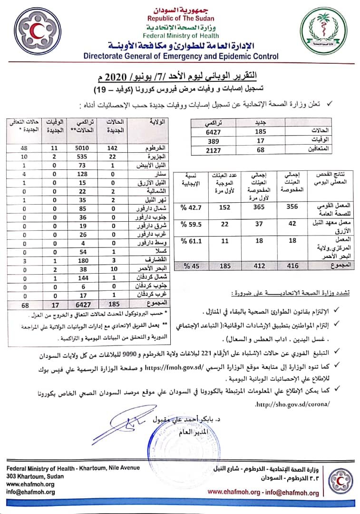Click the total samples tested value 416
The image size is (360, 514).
(x=294, y=266)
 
